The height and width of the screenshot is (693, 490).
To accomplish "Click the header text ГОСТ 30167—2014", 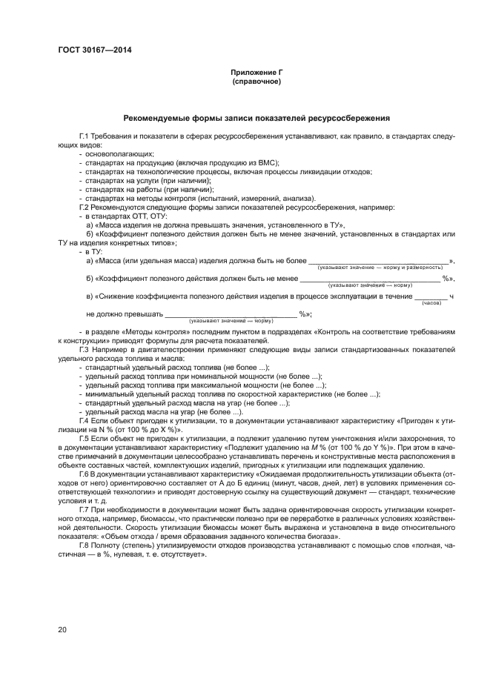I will (90, 50).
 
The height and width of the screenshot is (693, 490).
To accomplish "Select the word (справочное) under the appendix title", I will (256, 81).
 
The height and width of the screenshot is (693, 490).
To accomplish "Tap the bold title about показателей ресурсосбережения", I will (256, 118).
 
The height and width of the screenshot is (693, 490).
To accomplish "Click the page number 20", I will (62, 629).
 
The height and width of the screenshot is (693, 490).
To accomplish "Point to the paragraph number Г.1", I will (85, 138).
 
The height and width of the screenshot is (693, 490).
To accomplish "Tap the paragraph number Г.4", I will (85, 421).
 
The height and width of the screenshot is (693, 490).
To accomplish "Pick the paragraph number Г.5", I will (85, 439).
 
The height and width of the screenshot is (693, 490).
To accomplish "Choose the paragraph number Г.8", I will (85, 543).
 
